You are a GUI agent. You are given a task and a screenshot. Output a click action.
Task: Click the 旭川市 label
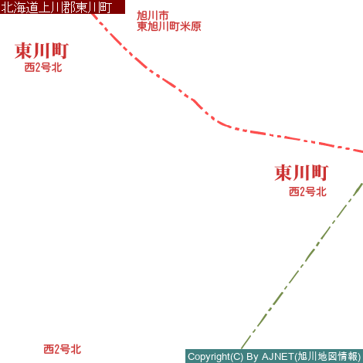click(x=153, y=15)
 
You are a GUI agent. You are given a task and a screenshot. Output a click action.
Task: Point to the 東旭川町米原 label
click(x=169, y=26)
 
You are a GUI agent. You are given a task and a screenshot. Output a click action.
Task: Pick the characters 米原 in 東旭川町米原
click(x=191, y=26)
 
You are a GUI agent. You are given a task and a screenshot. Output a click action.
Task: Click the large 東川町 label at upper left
click(x=42, y=51)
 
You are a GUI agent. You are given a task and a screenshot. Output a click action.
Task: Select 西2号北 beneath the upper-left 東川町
click(x=43, y=67)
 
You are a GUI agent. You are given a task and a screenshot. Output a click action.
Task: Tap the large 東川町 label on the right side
click(x=301, y=173)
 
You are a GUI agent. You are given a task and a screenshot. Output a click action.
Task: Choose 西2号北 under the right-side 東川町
click(x=307, y=192)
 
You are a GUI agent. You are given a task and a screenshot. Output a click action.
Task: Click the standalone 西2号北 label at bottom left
click(x=63, y=349)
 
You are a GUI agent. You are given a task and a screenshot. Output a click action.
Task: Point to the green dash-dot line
click(x=303, y=265)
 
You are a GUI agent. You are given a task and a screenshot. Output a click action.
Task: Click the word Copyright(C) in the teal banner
click(x=215, y=357)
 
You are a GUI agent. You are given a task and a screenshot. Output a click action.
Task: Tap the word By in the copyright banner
click(x=253, y=357)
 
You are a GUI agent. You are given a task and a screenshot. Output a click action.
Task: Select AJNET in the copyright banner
click(x=278, y=357)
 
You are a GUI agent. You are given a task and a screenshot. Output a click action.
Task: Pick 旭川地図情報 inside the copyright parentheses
click(x=327, y=357)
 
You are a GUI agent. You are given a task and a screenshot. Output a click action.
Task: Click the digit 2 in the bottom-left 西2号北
click(x=56, y=350)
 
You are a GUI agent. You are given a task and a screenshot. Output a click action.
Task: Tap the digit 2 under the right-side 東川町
click(x=302, y=192)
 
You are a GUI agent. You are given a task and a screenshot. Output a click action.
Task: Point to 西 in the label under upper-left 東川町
click(x=29, y=67)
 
